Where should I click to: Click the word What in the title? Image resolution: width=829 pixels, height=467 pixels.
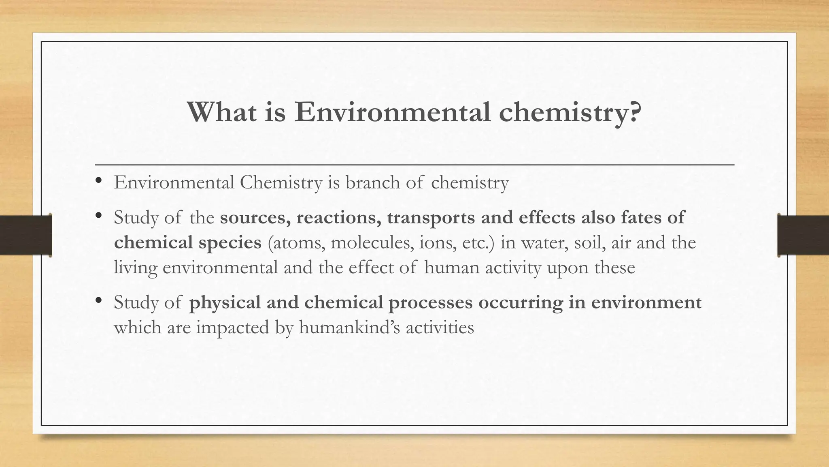point(221,112)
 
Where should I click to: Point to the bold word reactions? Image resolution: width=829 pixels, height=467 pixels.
point(339,218)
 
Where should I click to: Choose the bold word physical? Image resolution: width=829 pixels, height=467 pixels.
point(225,303)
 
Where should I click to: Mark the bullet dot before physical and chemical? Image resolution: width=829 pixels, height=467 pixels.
point(98,301)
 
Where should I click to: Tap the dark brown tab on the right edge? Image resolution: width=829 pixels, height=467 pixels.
point(803,235)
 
